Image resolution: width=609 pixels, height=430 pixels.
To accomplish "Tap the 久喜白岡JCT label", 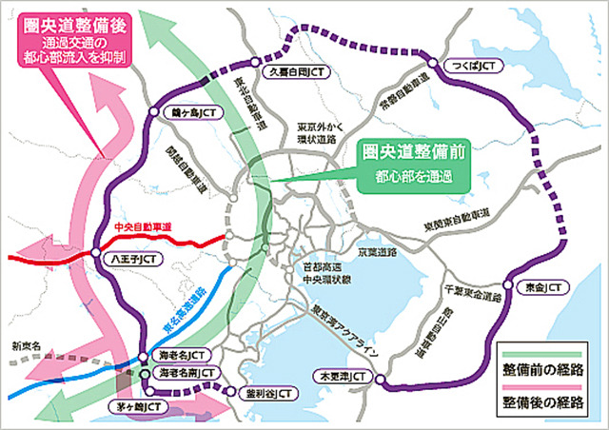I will pyautogui.click(x=297, y=71).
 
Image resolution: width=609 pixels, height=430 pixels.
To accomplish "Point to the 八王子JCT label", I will pyautogui.click(x=133, y=257).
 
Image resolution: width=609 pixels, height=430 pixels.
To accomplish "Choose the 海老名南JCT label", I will pyautogui.click(x=188, y=370).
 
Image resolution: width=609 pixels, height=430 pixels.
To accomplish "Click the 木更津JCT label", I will pyautogui.click(x=341, y=377).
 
